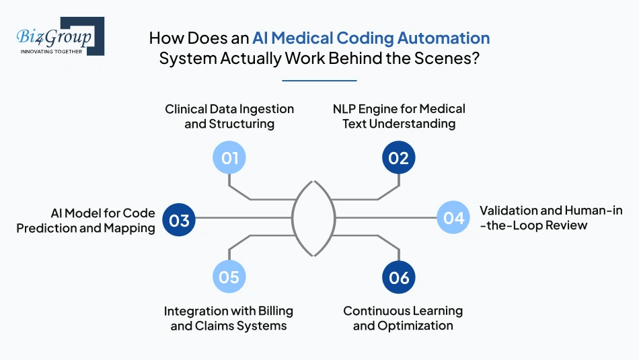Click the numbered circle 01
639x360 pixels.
[x=229, y=158]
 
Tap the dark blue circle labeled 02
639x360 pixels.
[x=399, y=158]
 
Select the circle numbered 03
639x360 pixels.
[x=179, y=220]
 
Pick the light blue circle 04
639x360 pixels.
[x=453, y=217]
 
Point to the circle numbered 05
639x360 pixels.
[x=229, y=277]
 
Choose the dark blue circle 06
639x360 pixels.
[x=399, y=277]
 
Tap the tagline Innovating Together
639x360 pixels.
[x=52, y=51]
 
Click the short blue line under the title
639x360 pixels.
[x=318, y=81]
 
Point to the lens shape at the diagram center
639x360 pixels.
[x=313, y=218]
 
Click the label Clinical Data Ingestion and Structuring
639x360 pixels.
[x=229, y=116]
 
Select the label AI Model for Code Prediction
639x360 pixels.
[x=85, y=220]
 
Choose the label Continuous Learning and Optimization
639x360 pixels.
[x=403, y=318]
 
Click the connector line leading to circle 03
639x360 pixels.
[x=242, y=217]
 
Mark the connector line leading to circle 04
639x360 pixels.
[x=390, y=217]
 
